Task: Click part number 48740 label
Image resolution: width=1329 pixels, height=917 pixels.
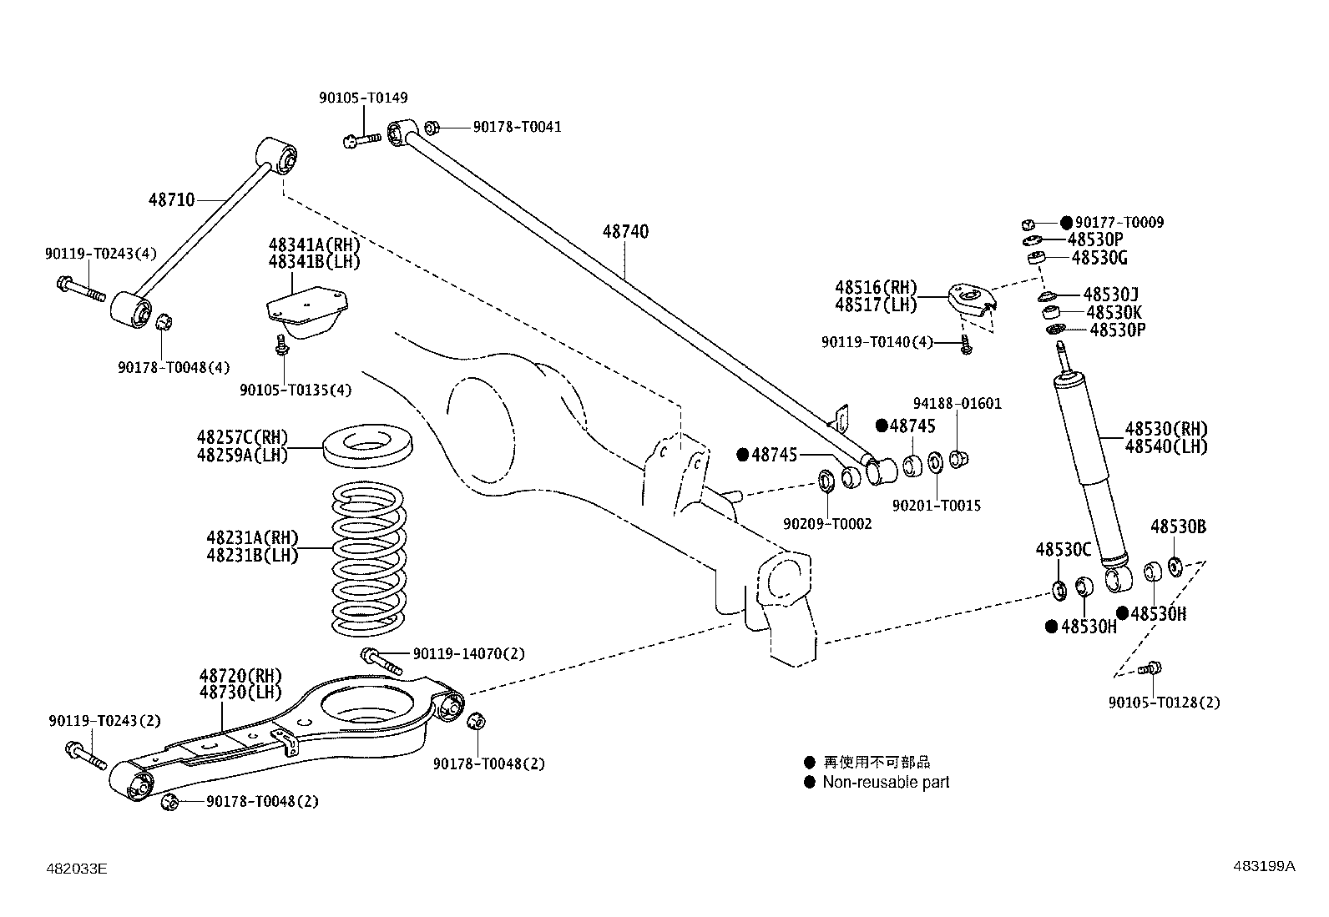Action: click(x=625, y=231)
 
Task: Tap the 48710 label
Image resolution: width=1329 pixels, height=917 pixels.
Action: click(x=171, y=199)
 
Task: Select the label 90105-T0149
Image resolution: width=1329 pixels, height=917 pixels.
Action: click(x=363, y=98)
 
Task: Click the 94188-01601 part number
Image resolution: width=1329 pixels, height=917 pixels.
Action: click(x=957, y=403)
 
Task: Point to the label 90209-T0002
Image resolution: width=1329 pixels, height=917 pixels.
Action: click(x=826, y=523)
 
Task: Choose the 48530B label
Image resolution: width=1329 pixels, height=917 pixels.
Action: click(x=1178, y=527)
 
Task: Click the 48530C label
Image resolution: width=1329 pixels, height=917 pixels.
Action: click(x=1064, y=549)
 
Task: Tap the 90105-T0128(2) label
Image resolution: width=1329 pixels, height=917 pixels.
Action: click(x=1164, y=703)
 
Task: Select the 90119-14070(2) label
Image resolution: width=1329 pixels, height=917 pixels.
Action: click(x=468, y=653)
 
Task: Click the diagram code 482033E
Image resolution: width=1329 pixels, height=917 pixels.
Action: click(x=77, y=869)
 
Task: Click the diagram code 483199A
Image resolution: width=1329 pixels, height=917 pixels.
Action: click(x=1264, y=866)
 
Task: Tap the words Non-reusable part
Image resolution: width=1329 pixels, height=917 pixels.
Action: click(x=886, y=782)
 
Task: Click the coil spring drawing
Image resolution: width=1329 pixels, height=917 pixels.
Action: click(x=369, y=558)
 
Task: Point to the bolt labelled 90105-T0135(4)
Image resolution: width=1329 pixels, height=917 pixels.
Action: click(x=282, y=345)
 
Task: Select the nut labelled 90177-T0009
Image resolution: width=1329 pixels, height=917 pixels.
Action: click(x=1029, y=224)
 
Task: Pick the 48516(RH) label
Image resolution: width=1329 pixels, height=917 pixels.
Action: click(x=876, y=288)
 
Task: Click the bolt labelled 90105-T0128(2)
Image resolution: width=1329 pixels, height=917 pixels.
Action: click(x=1154, y=668)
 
